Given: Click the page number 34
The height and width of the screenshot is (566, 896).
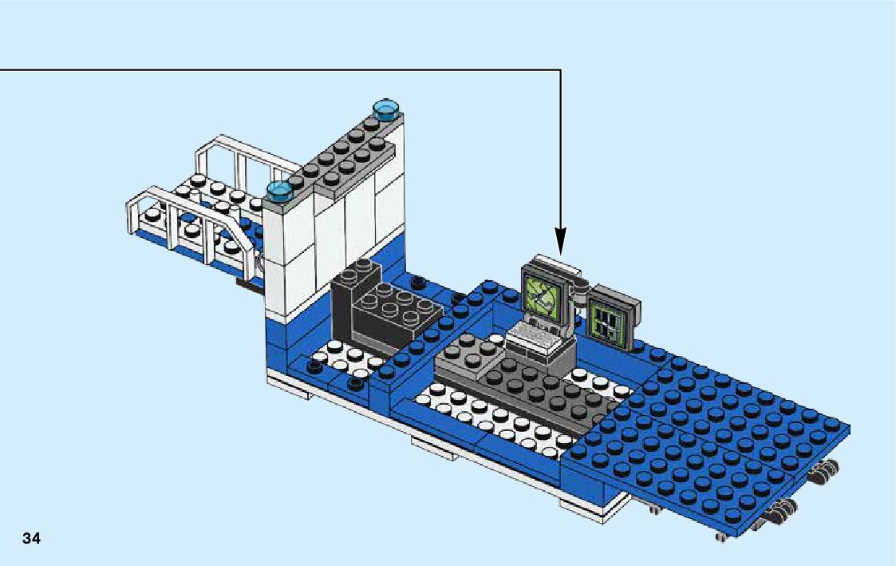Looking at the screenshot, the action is coord(31,538).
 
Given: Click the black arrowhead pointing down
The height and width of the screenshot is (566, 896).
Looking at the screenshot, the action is coord(560,240).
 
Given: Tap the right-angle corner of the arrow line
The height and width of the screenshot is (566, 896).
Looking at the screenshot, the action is coord(560,70).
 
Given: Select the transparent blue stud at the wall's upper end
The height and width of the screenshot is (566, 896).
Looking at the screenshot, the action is coord(386,108).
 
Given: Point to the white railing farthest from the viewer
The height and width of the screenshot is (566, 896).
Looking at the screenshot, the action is coord(239,160).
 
